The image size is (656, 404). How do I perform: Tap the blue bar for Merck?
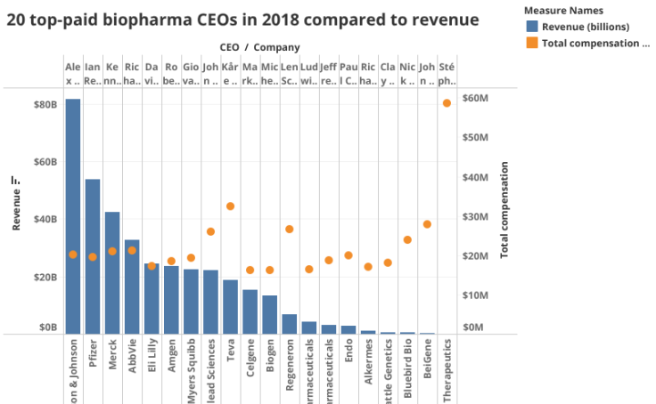112,272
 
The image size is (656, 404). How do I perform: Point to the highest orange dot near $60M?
447,103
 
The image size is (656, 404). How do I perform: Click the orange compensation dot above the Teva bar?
230,206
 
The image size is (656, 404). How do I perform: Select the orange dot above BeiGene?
427,224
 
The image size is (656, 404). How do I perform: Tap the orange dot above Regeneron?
290,230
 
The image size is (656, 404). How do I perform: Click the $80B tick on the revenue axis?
46,105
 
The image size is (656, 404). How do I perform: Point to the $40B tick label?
46,220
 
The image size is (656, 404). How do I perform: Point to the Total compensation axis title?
505,210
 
